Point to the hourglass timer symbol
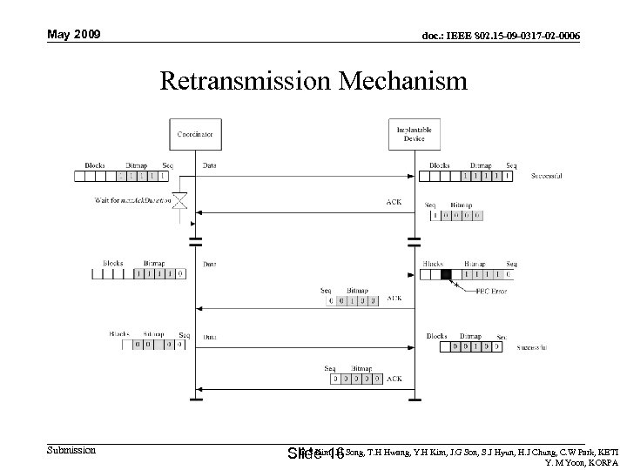[x=180, y=202]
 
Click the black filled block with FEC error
[x=447, y=275]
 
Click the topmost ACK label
[x=394, y=202]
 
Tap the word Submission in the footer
[x=71, y=450]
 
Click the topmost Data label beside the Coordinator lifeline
[x=210, y=165]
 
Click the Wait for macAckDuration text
[x=129, y=200]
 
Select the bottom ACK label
[x=394, y=379]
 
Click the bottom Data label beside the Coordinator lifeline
[x=210, y=335]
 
